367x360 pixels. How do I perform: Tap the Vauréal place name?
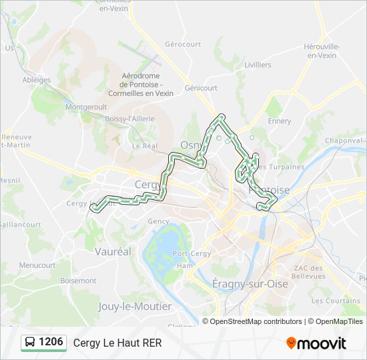(x=113, y=252)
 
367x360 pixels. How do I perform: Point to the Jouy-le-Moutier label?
(x=135, y=307)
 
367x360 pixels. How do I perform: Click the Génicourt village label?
(x=201, y=87)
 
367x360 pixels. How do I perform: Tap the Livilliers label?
(x=258, y=65)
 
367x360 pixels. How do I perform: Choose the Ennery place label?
(x=279, y=121)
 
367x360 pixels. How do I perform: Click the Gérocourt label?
(x=183, y=44)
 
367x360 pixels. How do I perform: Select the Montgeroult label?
(x=86, y=107)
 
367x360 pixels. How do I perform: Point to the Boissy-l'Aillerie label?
(x=130, y=118)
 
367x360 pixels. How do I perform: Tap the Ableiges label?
(x=37, y=80)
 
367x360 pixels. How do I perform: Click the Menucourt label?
(x=37, y=265)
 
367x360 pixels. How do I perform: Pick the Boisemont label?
(x=78, y=281)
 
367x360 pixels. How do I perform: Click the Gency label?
(x=158, y=221)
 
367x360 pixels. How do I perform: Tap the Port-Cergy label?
(x=192, y=254)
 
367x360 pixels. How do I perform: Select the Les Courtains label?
(x=336, y=301)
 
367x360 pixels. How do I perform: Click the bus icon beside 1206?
(x=31, y=343)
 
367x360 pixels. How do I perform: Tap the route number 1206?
(x=51, y=342)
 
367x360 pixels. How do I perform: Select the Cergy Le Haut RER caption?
(x=117, y=343)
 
